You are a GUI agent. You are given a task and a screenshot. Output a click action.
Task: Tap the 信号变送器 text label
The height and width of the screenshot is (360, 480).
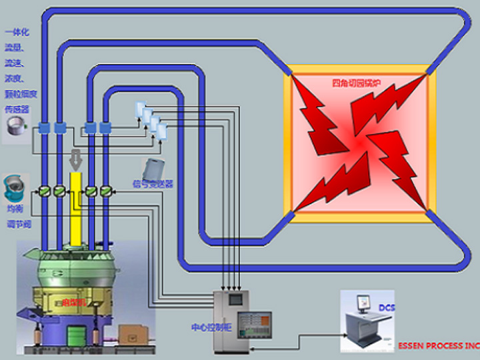click(153, 183)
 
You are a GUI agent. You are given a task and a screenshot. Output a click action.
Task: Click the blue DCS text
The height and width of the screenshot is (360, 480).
click(387, 308)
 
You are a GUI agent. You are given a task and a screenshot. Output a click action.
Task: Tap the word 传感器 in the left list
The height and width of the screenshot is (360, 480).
click(16, 109)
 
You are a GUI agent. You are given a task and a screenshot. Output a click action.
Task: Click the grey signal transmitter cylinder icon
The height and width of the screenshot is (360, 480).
click(154, 167)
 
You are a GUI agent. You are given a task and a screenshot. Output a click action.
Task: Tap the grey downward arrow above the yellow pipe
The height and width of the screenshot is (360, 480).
click(75, 159)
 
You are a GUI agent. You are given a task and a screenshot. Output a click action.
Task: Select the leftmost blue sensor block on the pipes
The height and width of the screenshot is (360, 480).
click(44, 127)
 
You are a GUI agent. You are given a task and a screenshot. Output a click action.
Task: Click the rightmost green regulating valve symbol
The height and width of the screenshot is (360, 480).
click(105, 192)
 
